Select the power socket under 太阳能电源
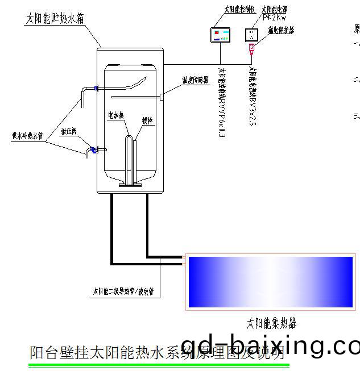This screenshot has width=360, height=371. point(251,35)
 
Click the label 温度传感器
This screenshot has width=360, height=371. point(195,80)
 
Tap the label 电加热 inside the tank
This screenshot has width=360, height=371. point(116,115)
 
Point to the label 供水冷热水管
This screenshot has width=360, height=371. point(28,136)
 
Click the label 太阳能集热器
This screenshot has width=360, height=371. point(271,324)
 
